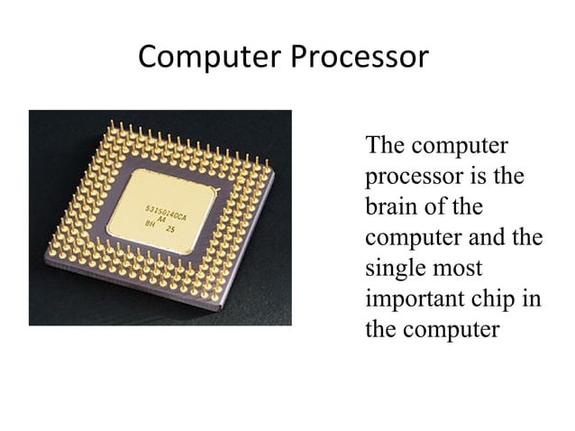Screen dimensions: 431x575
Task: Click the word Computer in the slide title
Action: [208, 59]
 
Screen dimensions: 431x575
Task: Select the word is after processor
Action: [477, 176]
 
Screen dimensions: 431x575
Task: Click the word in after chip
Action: [533, 299]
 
